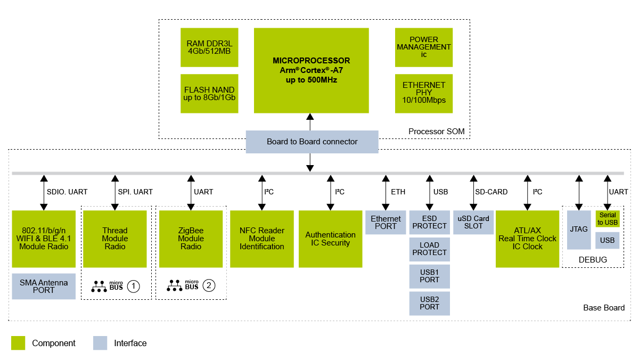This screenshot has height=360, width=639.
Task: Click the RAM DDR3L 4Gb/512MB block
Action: coord(209,47)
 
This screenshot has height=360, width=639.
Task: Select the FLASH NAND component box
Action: coord(209,94)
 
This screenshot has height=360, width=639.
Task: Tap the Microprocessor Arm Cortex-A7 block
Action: coord(311,70)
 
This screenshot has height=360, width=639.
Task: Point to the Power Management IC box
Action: coord(423,47)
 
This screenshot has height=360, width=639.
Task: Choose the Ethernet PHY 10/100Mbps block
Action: coord(423,93)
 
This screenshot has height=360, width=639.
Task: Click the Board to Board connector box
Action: coord(312,142)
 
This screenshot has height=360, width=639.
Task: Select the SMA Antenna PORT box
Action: coord(44,287)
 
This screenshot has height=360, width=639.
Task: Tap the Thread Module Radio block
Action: coord(115,239)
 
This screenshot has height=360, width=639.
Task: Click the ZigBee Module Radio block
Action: coord(191,239)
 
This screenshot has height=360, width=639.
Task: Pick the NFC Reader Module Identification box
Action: coord(261,239)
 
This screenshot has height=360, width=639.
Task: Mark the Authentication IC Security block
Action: coord(330,239)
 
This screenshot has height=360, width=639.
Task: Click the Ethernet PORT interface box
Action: coord(386,222)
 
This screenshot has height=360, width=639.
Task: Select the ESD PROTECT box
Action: coord(429,222)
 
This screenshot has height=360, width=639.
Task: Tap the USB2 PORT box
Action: coord(429,303)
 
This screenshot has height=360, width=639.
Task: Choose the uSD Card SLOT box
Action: coord(473,222)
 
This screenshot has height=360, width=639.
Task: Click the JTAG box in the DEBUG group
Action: coord(579,230)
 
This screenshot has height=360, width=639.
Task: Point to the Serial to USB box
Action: coord(607,219)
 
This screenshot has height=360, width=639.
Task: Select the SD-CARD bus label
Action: coord(491,192)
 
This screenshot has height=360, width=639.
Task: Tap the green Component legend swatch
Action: coord(18,343)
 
